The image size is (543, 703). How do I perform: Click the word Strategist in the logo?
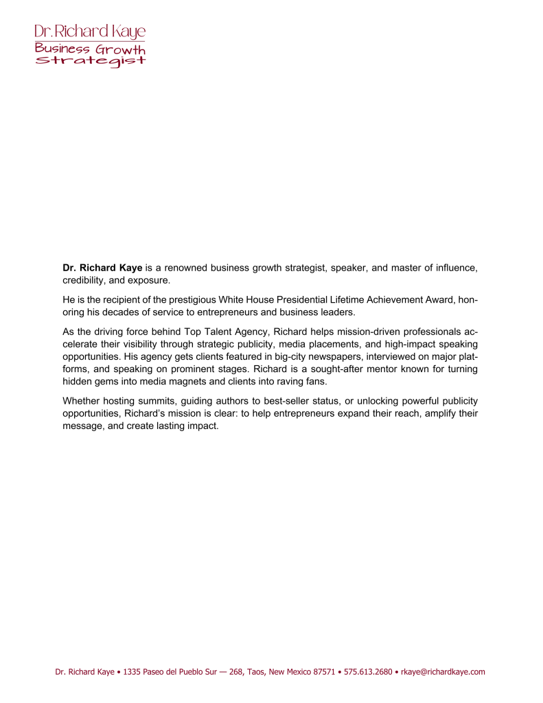pyautogui.click(x=91, y=60)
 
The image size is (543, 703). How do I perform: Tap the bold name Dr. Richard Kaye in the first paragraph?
pyautogui.click(x=102, y=268)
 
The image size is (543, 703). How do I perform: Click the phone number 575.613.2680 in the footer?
pyautogui.click(x=369, y=672)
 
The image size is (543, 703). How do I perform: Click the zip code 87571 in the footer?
pyautogui.click(x=324, y=672)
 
